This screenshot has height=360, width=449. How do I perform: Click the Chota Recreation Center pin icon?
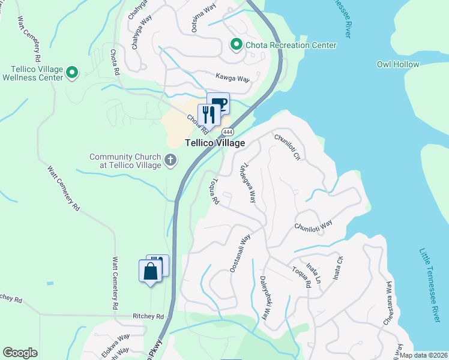tap(237, 45)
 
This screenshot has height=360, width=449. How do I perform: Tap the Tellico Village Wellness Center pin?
tap(72, 73)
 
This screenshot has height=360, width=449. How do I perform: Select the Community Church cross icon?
tap(170, 160)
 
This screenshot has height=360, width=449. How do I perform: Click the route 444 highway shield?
tap(228, 131)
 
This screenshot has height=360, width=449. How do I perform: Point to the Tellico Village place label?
tap(214, 143)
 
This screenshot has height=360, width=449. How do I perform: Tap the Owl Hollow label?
tap(398, 64)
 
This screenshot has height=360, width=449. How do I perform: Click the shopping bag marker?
tap(150, 271)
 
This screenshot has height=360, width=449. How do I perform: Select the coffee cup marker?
tap(218, 103)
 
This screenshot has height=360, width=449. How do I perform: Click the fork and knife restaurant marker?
tap(208, 115)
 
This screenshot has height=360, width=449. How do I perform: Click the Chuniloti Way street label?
tap(313, 226)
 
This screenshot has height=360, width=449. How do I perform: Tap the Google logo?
tap(20, 353)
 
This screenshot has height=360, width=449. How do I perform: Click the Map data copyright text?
tap(424, 355)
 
